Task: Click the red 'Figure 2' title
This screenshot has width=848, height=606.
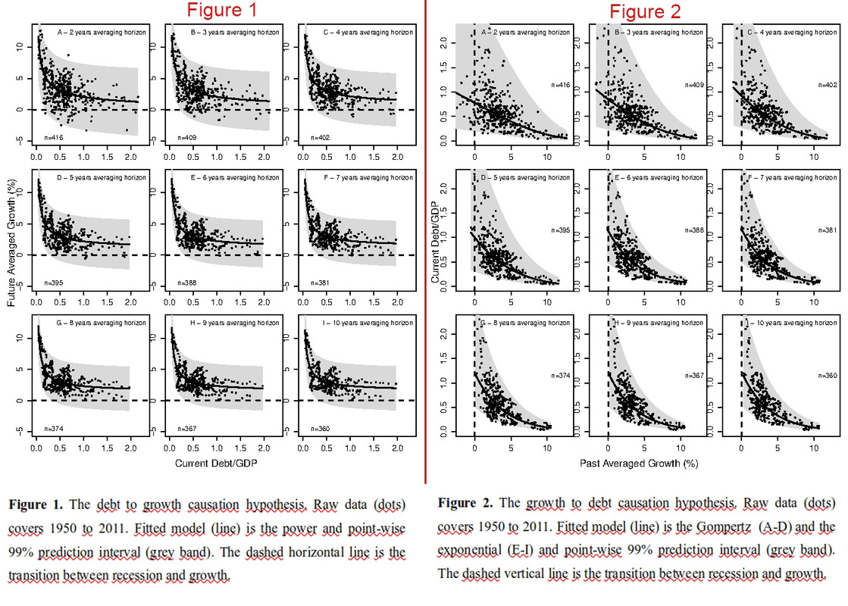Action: click(x=645, y=11)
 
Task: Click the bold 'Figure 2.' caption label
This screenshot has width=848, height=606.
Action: click(x=464, y=503)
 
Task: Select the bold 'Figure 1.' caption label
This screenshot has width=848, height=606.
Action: click(x=35, y=504)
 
